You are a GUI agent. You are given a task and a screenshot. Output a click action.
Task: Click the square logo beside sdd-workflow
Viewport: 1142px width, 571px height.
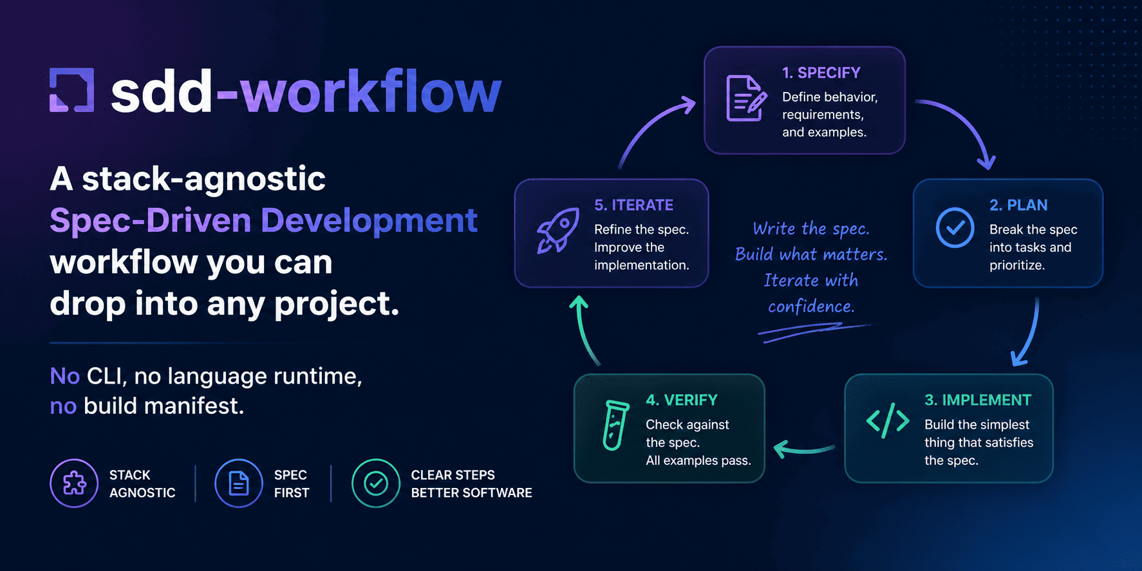point(71,90)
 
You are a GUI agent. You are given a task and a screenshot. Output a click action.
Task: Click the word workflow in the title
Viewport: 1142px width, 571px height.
point(371,92)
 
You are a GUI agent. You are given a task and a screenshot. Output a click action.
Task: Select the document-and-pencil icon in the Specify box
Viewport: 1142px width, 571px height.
point(745,98)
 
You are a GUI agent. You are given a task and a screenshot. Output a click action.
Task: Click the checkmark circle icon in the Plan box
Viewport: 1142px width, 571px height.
point(955,227)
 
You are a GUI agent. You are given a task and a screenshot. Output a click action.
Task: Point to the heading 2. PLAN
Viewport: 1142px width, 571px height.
point(1018,205)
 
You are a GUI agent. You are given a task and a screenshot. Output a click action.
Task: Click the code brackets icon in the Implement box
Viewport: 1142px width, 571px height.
point(888,421)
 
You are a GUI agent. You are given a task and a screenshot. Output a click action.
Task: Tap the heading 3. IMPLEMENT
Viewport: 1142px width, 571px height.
point(977,400)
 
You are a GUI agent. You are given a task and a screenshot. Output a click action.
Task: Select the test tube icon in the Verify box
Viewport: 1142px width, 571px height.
point(615,425)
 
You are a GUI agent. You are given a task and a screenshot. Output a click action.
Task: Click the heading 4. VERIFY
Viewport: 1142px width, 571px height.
point(681,400)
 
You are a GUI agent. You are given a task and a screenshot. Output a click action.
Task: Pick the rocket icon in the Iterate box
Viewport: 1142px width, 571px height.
point(557,230)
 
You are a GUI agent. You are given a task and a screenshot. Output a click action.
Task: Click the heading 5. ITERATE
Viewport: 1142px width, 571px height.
point(633,205)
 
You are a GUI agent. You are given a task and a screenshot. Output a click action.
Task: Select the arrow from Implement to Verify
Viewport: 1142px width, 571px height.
point(803,449)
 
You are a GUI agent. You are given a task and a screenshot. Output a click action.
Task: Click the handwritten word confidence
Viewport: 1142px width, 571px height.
point(810,306)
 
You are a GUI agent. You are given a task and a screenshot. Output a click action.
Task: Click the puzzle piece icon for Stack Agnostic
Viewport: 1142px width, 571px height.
point(74,483)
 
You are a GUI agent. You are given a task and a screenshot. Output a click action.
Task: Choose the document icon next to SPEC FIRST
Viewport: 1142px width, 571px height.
point(239,483)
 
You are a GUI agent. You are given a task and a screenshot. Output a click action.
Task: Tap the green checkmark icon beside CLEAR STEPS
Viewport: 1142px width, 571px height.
point(376,483)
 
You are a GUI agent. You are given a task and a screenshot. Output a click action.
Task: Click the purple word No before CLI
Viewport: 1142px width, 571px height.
point(64,376)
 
